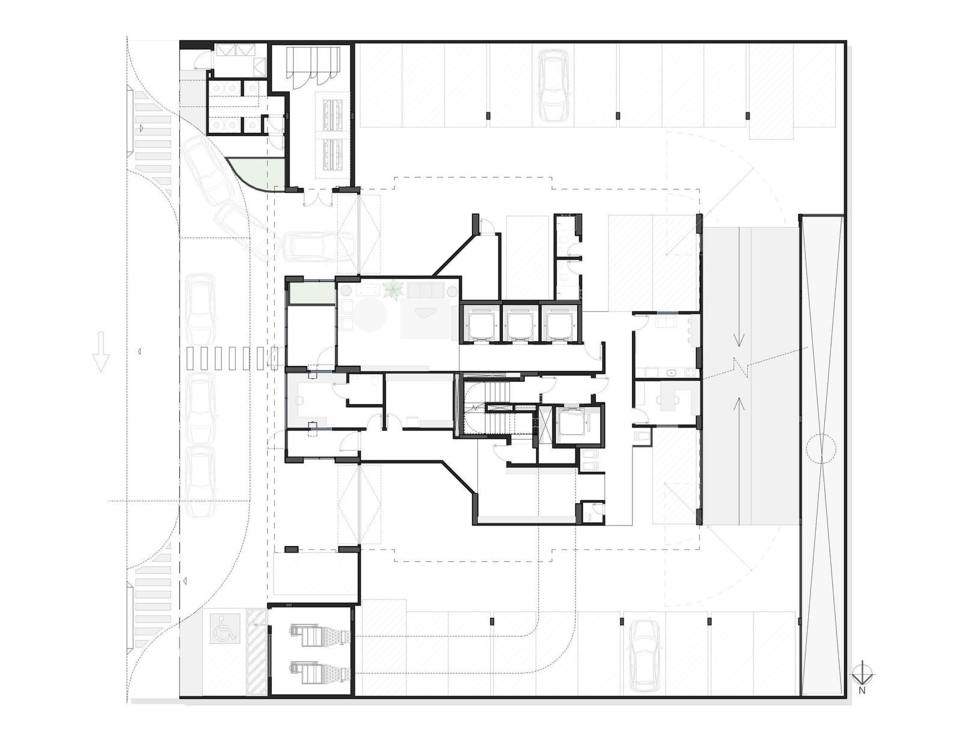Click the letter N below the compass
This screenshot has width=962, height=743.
point(862,690)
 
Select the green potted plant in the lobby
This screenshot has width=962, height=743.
point(393,291)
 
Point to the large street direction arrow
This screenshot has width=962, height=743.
point(101,352)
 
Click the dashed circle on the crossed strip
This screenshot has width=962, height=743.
point(821,448)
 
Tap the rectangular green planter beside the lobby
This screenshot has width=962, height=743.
point(311,293)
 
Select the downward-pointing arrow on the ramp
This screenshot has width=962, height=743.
point(738,339)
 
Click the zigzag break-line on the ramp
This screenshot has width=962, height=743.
point(738,371)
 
